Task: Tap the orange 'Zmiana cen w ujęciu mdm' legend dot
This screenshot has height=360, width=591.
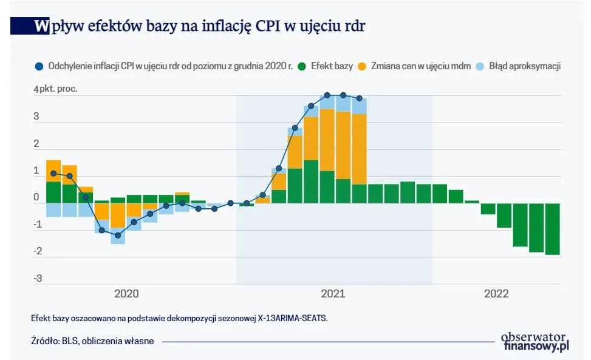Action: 363,66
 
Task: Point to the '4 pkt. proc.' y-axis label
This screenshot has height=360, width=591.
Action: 56,89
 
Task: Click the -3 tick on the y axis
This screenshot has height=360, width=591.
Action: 37,279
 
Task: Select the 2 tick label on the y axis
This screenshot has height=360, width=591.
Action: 36,144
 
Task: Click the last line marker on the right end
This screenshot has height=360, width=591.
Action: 359,98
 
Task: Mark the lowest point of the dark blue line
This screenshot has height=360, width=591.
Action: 118,235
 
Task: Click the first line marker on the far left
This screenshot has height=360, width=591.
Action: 53,173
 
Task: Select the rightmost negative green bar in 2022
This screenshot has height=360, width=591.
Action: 552,229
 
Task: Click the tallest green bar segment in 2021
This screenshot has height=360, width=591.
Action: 310,182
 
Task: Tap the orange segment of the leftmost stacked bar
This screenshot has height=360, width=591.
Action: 53,171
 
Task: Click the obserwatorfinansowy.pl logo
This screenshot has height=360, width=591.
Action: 535,342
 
